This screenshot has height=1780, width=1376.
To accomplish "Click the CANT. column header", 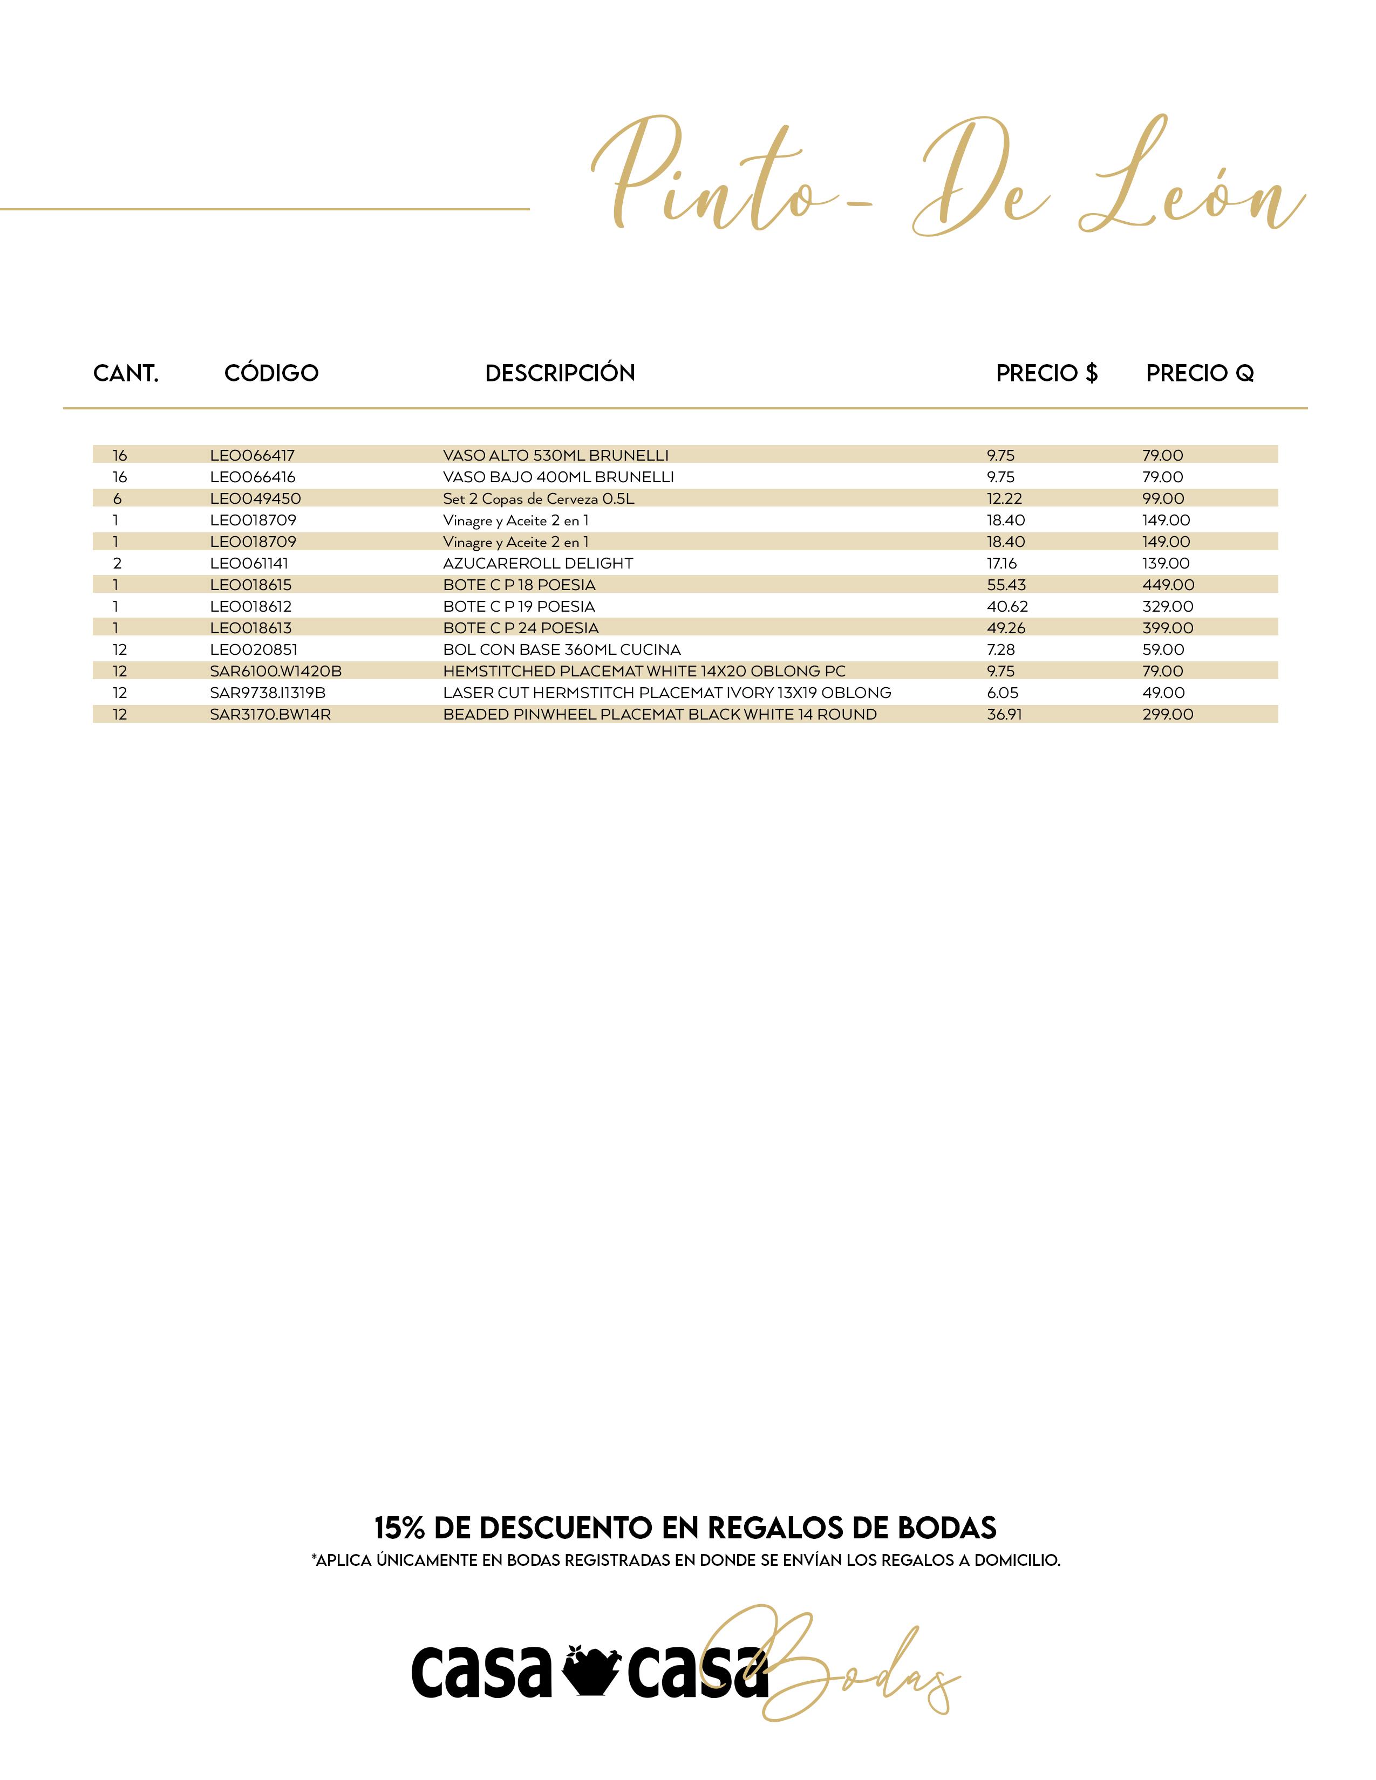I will [126, 373].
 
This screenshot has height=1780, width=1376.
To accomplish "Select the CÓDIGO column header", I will [271, 373].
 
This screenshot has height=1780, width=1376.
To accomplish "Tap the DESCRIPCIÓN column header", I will [560, 373].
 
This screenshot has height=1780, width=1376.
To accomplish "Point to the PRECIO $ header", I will [1047, 373].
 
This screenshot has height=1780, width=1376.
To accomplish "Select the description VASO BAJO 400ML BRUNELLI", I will [558, 477].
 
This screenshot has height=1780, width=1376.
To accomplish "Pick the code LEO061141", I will [249, 563].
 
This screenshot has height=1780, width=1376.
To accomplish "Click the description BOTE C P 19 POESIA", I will [519, 606].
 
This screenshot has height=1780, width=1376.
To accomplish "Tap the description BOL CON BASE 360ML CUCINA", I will [562, 649].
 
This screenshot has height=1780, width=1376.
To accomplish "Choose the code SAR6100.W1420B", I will [276, 672].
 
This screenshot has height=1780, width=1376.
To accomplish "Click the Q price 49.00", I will [1163, 693].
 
